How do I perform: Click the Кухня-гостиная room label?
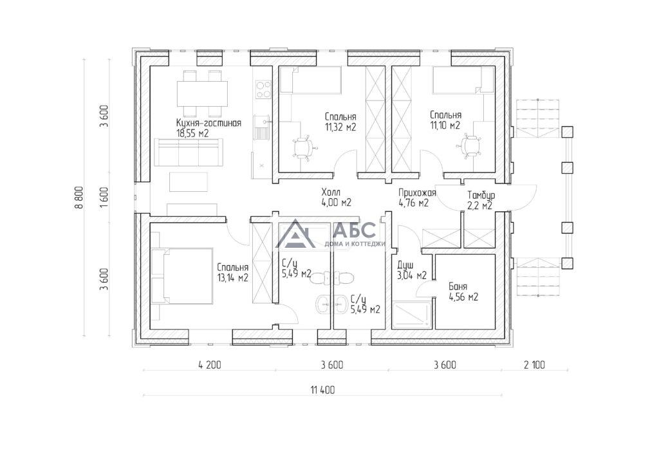coord(209,123)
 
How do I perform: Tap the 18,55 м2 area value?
coord(193,133)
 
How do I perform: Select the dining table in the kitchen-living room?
coord(202,94)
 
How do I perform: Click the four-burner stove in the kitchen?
coord(264,89)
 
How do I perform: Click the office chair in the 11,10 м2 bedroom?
coord(468,146)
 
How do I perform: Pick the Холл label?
coord(331,192)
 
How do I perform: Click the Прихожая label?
coord(417,193)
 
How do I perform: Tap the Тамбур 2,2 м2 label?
coord(481,200)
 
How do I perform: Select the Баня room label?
coord(458,287)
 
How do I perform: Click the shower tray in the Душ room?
coord(411,314)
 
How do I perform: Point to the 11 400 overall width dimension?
coord(323,390)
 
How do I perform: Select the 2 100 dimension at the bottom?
coord(534,365)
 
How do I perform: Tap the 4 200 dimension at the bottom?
coord(209,365)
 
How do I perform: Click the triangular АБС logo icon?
coord(295,234)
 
